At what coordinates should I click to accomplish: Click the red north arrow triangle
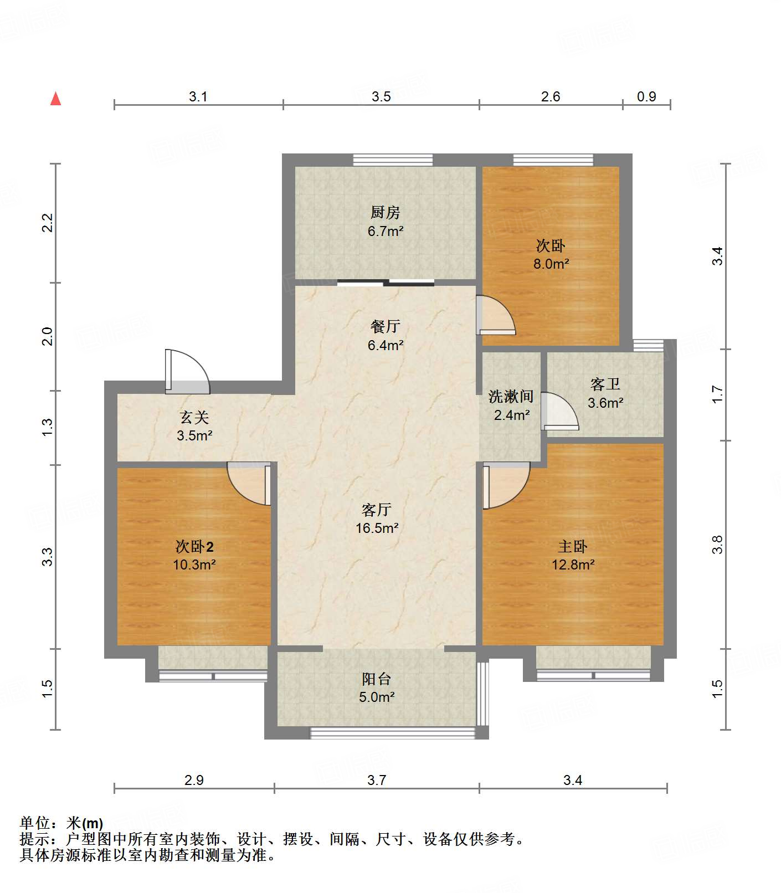coord(55,99)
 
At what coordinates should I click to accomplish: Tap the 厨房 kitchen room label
coord(385,212)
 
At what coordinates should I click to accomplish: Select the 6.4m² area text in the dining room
coord(385,345)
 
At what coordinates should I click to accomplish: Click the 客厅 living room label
coord(377,510)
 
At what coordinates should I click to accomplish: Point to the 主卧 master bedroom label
coord(573,547)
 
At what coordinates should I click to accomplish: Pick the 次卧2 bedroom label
coord(194,547)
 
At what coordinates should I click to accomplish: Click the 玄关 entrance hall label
coord(194,417)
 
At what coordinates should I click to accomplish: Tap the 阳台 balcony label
coord(377,679)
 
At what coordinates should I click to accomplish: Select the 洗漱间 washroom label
coord(511,397)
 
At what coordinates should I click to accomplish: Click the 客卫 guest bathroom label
coord(605,384)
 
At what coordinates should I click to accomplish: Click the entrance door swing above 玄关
coord(187,371)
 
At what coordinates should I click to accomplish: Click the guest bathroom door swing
coord(559,411)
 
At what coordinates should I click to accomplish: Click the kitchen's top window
coord(393,160)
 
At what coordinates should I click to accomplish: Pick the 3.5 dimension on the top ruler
coord(381,96)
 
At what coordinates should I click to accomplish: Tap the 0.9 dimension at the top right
coord(646,96)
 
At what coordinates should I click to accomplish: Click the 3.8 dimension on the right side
coord(718,544)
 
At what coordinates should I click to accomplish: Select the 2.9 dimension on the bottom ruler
coord(194,780)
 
